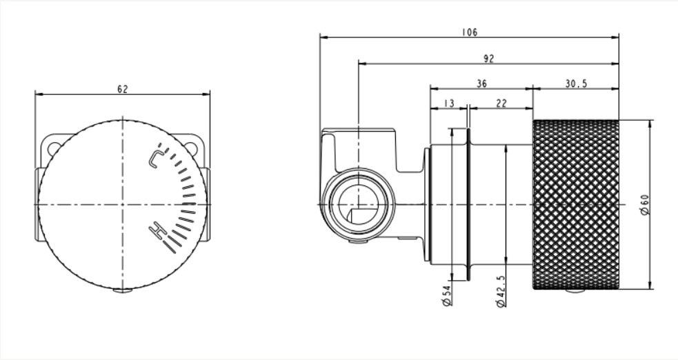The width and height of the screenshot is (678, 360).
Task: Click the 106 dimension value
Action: point(469,32)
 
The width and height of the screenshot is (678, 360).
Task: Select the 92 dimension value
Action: point(488,59)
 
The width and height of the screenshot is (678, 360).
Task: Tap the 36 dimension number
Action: point(481,83)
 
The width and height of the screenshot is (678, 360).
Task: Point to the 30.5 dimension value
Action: point(576,83)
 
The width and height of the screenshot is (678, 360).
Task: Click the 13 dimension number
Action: point(449,103)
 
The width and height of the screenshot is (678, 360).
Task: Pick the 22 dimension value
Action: point(501,103)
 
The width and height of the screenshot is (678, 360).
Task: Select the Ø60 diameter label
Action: point(644,204)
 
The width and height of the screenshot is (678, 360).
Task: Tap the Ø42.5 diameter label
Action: point(501,292)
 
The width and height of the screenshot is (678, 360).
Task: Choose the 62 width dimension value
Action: point(122,89)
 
